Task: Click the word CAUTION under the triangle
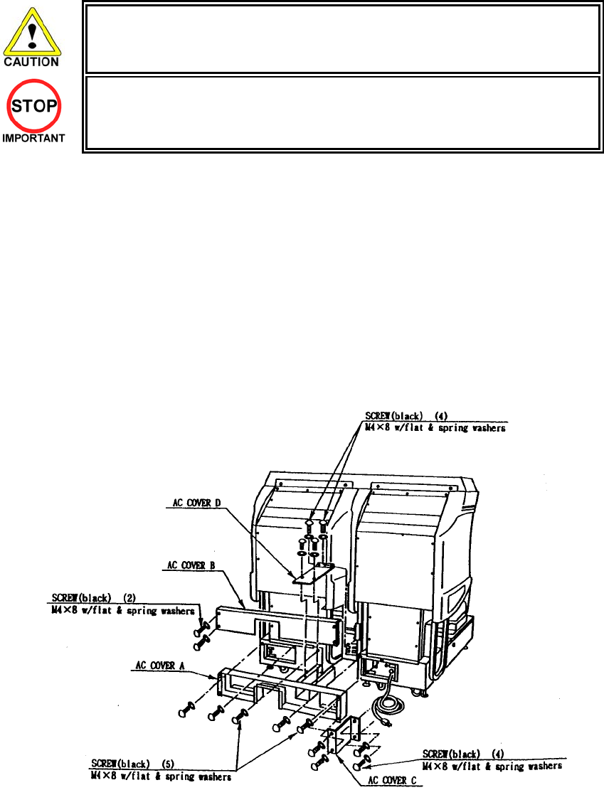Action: point(33,62)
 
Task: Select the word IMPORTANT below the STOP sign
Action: point(33,138)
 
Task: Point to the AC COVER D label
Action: point(196,503)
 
